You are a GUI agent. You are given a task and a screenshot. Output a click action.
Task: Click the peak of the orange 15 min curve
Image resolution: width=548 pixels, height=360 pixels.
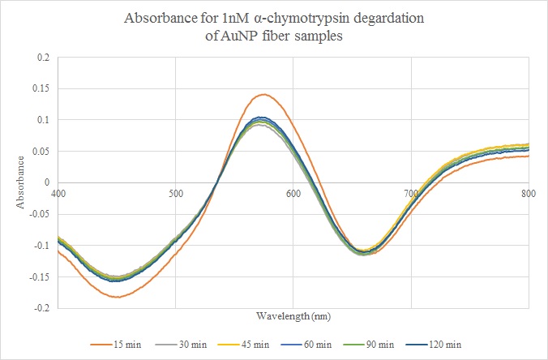(263, 94)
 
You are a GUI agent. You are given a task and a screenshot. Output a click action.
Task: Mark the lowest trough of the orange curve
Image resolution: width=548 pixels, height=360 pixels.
(118, 297)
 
